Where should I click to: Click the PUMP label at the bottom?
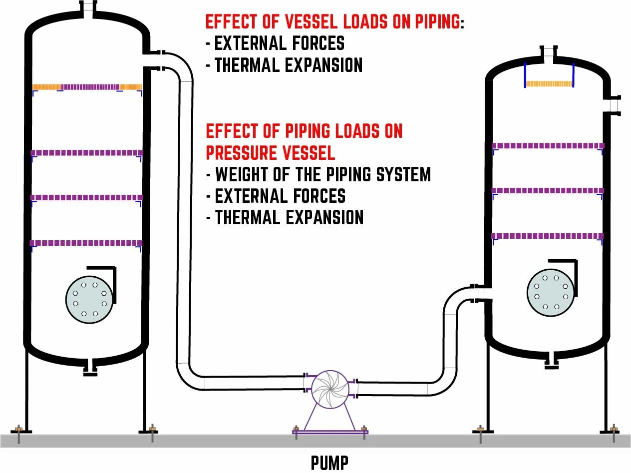click(329, 462)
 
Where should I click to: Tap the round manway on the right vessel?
click(550, 293)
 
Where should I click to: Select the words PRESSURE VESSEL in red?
click(270, 152)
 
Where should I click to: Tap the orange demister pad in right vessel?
click(549, 83)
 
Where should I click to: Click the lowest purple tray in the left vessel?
click(87, 243)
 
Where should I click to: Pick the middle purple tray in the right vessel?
click(548, 190)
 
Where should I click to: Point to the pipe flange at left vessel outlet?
click(161, 60)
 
